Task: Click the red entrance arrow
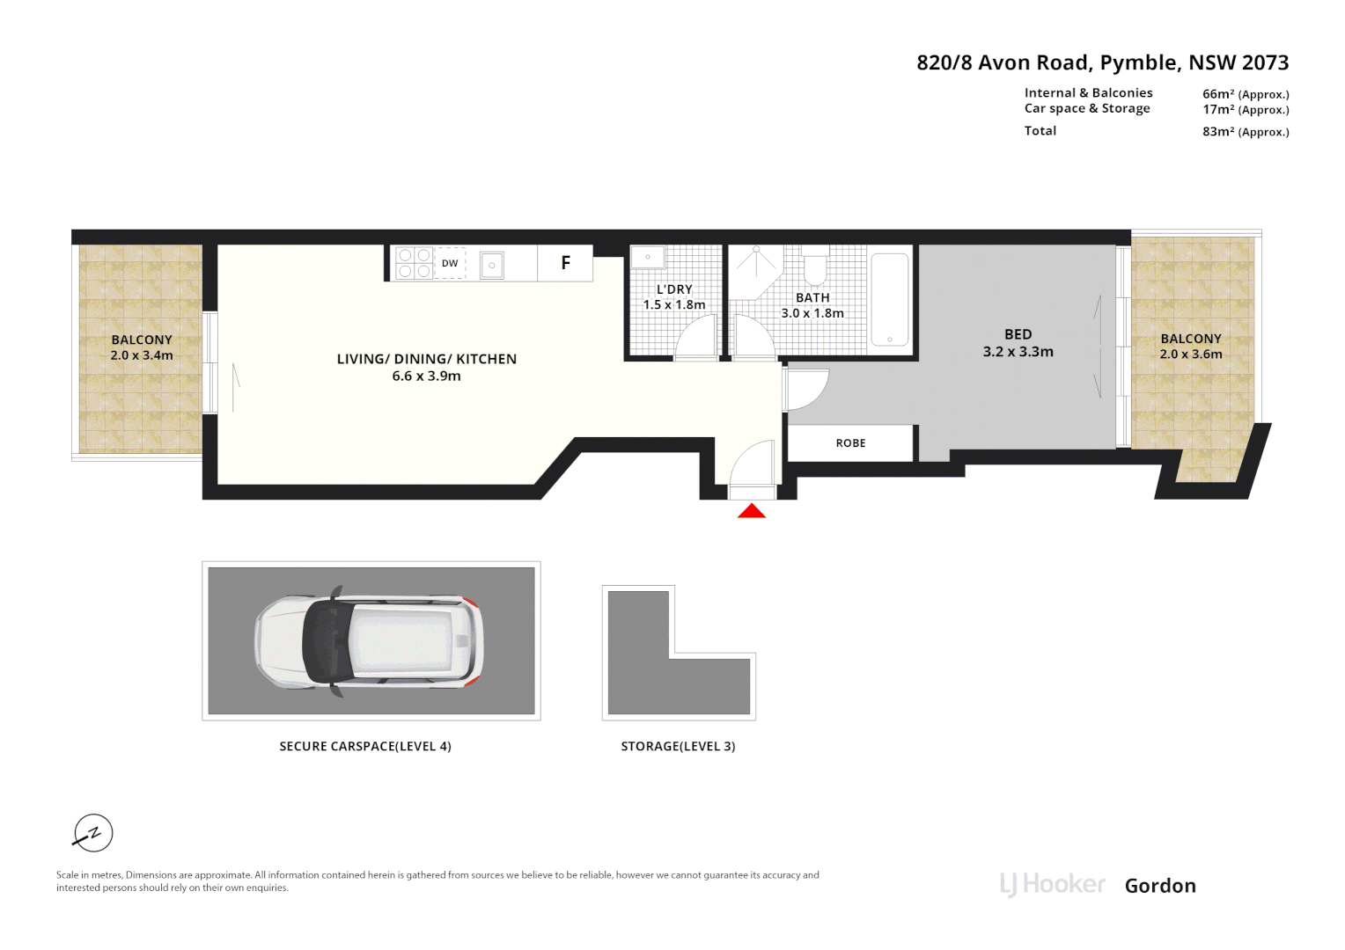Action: pyautogui.click(x=751, y=511)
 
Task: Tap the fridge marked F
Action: pyautogui.click(x=565, y=263)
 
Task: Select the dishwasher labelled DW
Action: pyautogui.click(x=450, y=263)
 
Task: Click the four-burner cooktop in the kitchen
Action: pyautogui.click(x=414, y=264)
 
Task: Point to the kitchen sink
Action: pyautogui.click(x=492, y=265)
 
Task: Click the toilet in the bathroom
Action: pyautogui.click(x=815, y=267)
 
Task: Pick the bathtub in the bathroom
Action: pyautogui.click(x=889, y=299)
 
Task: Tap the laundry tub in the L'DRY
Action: pyautogui.click(x=648, y=257)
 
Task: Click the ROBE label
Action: pyautogui.click(x=851, y=442)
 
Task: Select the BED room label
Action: pyautogui.click(x=1018, y=334)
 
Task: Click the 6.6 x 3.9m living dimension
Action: pyautogui.click(x=426, y=376)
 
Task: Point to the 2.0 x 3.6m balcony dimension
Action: pyautogui.click(x=1191, y=354)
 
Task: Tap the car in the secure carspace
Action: pyautogui.click(x=369, y=641)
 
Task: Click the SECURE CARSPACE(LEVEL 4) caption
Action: pyautogui.click(x=365, y=746)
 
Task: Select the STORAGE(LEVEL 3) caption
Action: pyautogui.click(x=678, y=746)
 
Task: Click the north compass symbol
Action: pyautogui.click(x=93, y=833)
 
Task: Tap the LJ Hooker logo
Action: pyautogui.click(x=1052, y=885)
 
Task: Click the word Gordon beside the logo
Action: pyautogui.click(x=1160, y=886)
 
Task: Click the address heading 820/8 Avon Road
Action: pyautogui.click(x=1002, y=62)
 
